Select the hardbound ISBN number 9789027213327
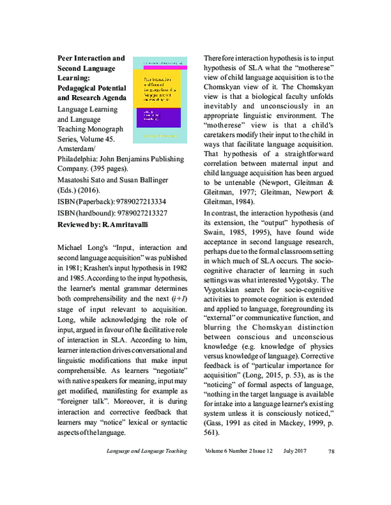[x=134, y=213]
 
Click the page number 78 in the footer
[x=331, y=487]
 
